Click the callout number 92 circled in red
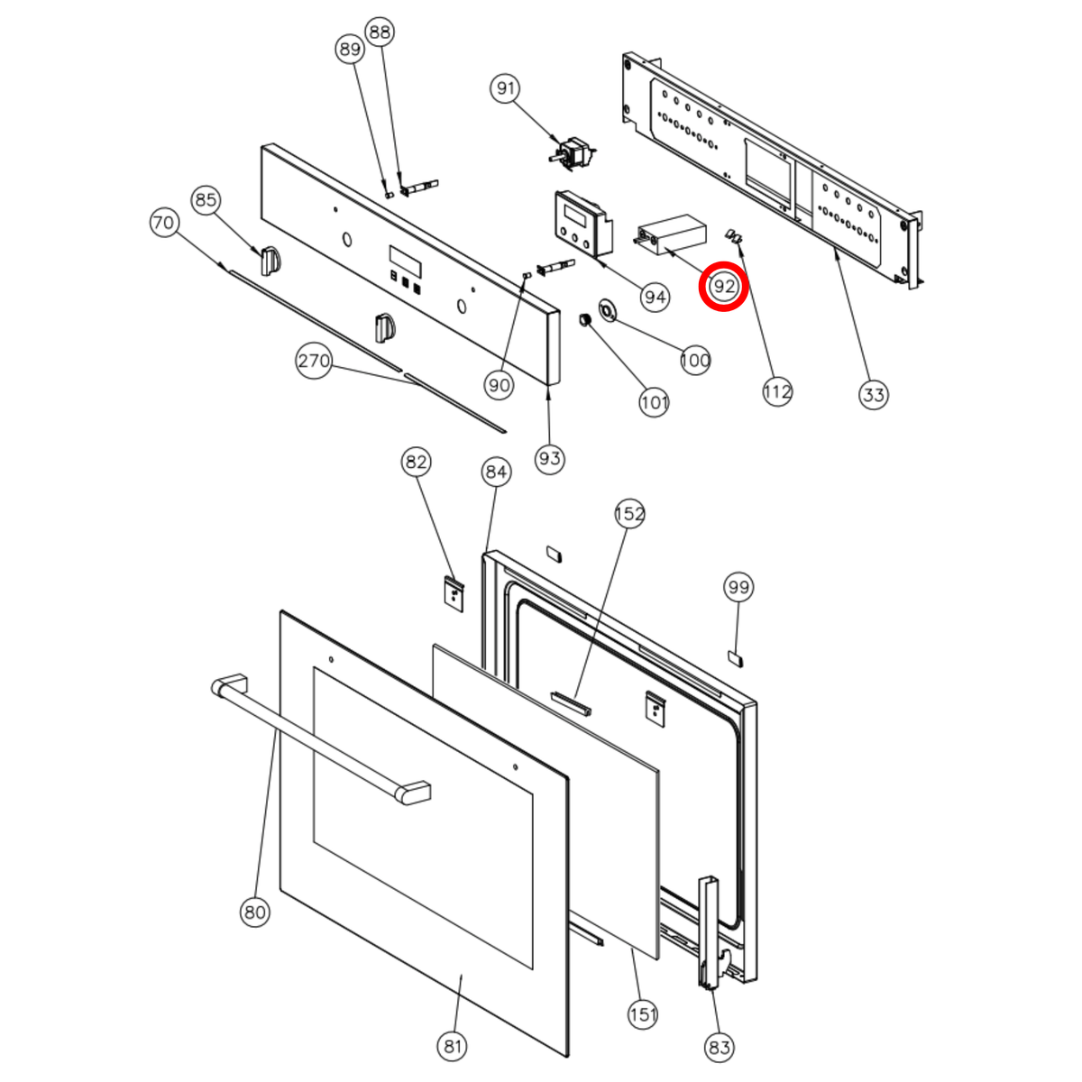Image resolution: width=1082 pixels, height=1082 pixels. [723, 287]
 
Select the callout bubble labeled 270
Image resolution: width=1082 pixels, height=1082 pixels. [314, 360]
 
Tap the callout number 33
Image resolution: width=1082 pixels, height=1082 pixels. [873, 395]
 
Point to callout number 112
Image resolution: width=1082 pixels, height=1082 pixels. [777, 390]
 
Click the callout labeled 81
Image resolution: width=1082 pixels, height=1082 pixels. [453, 1046]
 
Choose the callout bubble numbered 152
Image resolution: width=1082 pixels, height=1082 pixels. [629, 513]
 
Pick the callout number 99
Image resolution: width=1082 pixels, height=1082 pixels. [738, 587]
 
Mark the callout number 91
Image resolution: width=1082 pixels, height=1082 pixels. [505, 88]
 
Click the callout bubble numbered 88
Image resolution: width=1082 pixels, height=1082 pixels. [380, 32]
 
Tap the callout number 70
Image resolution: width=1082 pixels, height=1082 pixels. [163, 223]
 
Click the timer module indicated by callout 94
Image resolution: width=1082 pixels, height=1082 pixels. [583, 223]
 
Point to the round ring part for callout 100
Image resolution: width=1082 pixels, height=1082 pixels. [607, 310]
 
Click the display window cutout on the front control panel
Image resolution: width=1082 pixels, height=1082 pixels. [406, 261]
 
